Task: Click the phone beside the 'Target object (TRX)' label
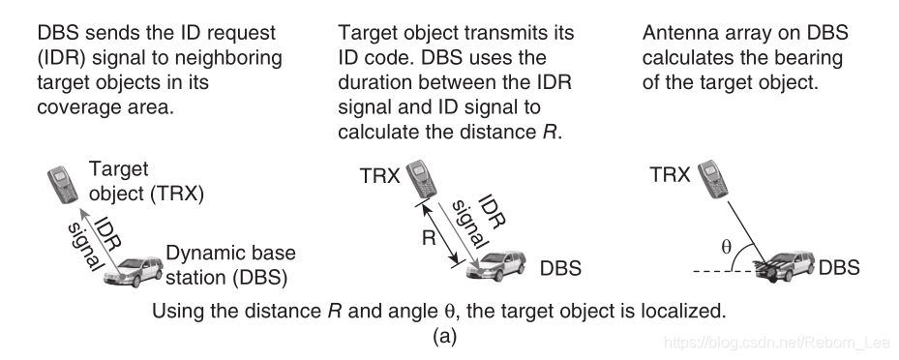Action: [x=63, y=184]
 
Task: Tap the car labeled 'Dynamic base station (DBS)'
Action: [x=134, y=271]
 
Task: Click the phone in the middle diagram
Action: [x=421, y=179]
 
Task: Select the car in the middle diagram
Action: [x=495, y=264]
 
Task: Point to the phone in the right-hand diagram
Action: [x=712, y=179]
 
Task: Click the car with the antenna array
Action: [x=785, y=265]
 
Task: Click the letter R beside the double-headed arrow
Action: [x=429, y=237]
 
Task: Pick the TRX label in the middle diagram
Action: [x=379, y=175]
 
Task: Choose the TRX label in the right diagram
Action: [x=670, y=174]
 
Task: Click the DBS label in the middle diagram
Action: [x=560, y=268]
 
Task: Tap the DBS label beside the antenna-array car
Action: [x=839, y=267]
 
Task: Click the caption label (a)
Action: [x=444, y=337]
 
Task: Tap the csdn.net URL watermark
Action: [x=776, y=343]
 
